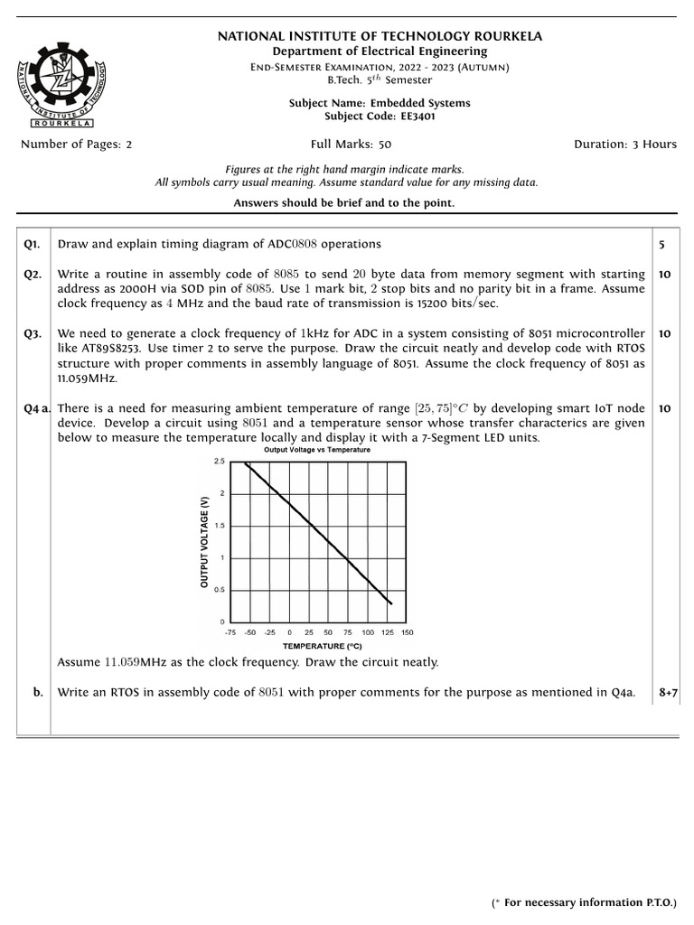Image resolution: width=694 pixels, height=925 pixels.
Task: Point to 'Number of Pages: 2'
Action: [76, 145]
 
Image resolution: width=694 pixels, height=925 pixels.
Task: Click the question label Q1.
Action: [33, 244]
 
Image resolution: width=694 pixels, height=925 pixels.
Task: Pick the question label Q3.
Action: [33, 333]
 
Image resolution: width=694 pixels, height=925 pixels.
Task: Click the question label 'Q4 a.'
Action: [37, 408]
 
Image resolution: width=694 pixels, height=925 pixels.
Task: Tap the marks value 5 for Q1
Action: [661, 244]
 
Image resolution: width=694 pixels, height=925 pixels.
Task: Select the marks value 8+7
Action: [668, 693]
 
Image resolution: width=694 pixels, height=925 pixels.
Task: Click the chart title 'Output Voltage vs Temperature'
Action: [316, 449]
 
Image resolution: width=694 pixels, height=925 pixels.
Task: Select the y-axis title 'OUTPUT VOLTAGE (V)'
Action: [204, 541]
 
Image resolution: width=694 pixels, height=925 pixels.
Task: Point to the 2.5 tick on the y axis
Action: [219, 462]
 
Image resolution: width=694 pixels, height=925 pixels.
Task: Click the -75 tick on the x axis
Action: [230, 632]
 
